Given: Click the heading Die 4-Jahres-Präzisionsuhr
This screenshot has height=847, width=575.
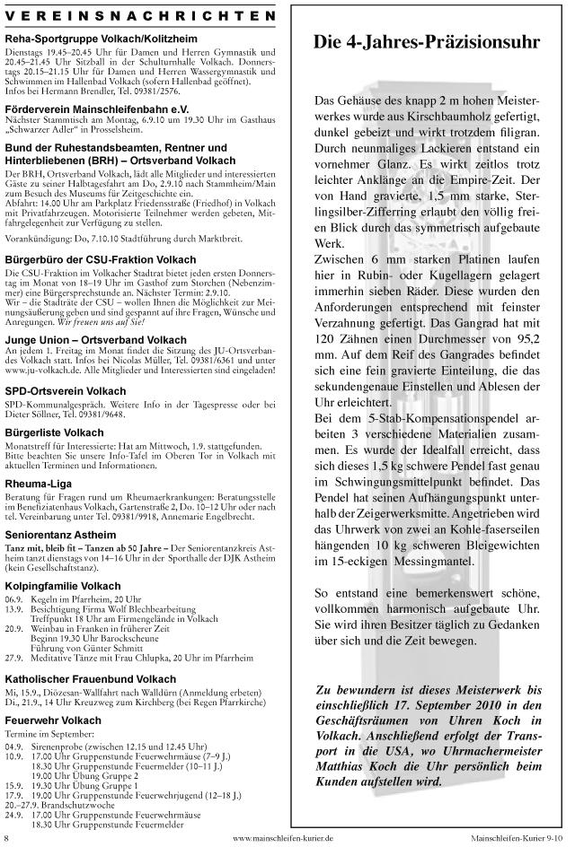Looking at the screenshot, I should [426, 41].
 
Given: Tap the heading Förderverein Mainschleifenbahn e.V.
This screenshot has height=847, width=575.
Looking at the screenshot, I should [102, 105].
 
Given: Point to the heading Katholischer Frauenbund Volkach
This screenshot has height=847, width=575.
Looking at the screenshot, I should [91, 679].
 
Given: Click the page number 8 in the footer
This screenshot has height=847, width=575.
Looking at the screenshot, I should [8, 838].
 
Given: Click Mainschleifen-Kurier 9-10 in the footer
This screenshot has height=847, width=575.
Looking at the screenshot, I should [518, 838].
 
